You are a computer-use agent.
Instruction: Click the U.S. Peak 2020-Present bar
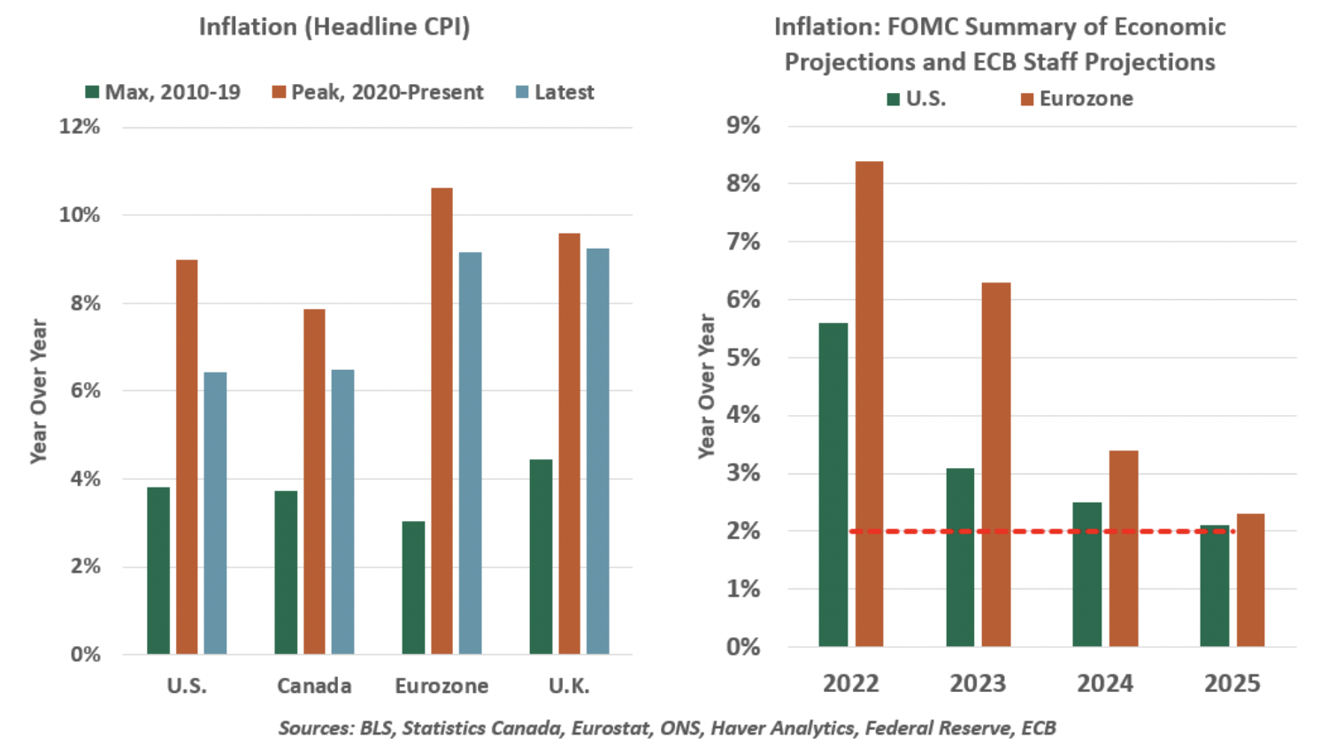click(187, 457)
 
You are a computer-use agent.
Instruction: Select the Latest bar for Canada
click(342, 512)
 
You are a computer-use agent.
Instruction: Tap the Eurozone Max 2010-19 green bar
click(413, 588)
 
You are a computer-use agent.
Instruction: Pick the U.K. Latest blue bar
click(597, 451)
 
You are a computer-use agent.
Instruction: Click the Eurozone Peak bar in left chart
click(441, 421)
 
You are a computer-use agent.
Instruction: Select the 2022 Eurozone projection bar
click(870, 404)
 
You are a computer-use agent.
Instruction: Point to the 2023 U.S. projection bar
click(960, 558)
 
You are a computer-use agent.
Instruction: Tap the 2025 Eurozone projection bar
click(1250, 580)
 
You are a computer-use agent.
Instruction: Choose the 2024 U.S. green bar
click(1087, 574)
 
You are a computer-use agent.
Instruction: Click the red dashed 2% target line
click(1035, 531)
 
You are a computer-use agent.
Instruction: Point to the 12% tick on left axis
click(80, 127)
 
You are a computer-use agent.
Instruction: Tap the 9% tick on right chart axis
click(743, 126)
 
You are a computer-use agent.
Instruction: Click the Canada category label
click(314, 686)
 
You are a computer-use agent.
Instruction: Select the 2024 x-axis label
click(1105, 683)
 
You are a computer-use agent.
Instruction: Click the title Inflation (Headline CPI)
click(334, 27)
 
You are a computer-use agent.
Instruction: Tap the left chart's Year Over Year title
click(38, 390)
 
